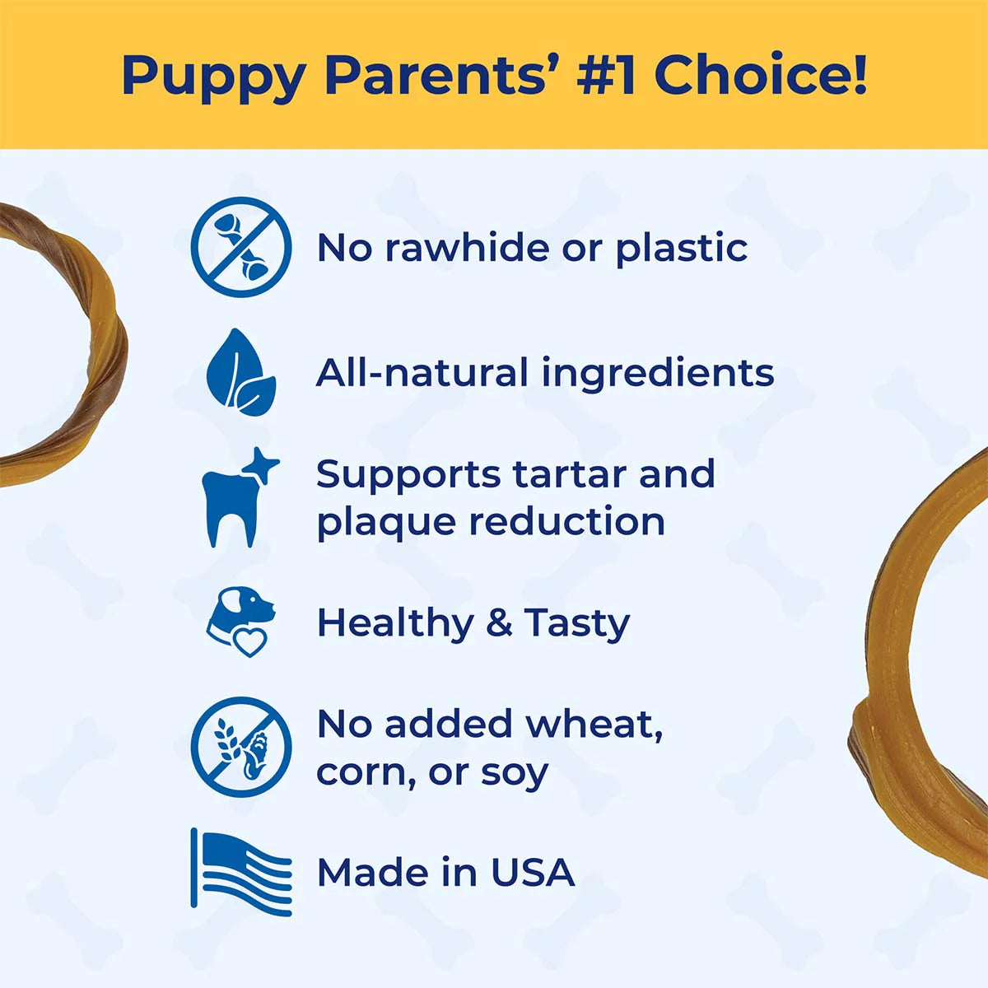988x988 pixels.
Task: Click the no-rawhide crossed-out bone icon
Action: pos(241,247)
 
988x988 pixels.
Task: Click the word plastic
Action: pos(682,249)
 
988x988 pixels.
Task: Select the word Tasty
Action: pos(576,623)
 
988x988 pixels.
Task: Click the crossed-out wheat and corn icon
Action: pos(241,747)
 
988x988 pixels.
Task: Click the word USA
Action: pos(533,873)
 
